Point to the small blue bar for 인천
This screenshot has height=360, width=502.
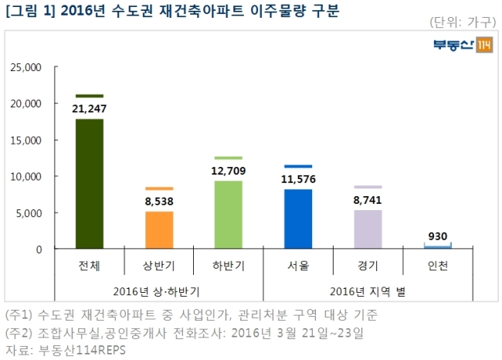(x=438, y=246)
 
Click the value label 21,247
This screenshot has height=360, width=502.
(x=90, y=109)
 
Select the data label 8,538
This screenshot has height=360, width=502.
(x=159, y=202)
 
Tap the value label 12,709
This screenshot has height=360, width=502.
(x=229, y=171)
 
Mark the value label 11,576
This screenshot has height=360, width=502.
(x=298, y=179)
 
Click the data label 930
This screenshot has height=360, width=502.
(x=438, y=236)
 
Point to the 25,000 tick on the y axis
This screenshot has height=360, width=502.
(x=26, y=67)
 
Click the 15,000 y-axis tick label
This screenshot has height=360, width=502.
(x=26, y=141)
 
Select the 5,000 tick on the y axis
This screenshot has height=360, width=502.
(x=29, y=213)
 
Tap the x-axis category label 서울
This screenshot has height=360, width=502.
(x=298, y=266)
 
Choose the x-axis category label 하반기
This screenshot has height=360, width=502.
(x=229, y=266)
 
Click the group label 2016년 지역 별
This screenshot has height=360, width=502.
(x=368, y=291)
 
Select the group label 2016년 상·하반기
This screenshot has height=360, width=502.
(x=157, y=291)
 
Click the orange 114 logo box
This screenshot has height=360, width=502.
(x=484, y=45)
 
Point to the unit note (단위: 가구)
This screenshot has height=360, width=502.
(x=463, y=22)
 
